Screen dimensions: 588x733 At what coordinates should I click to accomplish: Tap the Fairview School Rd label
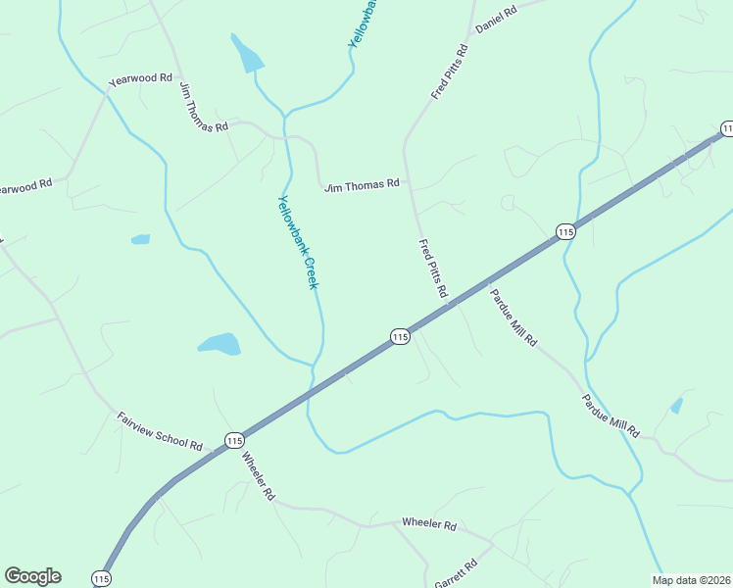coord(160,430)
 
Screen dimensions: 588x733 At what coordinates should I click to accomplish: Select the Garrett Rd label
coord(457,573)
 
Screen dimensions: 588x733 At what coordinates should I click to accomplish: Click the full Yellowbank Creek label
coord(298,242)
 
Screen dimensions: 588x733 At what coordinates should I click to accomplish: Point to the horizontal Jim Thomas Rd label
coord(362,183)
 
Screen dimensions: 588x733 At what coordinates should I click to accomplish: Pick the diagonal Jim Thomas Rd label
coord(203,107)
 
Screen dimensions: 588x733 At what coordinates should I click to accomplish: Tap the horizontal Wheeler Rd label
coord(429,525)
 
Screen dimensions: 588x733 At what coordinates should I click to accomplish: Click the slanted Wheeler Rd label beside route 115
coord(257,477)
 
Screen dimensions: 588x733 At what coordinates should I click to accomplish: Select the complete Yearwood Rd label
coord(140,77)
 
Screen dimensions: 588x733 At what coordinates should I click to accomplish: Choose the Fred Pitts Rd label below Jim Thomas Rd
coord(432,269)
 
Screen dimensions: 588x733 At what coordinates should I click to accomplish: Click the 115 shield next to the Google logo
coord(101,578)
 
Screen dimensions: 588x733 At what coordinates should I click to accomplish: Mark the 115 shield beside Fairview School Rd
coord(233,441)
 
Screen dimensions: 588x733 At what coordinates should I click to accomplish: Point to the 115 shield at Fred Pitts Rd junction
coord(399,336)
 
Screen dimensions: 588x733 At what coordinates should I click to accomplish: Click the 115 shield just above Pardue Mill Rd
coord(564,231)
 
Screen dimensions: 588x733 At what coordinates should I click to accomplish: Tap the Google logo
coord(32,576)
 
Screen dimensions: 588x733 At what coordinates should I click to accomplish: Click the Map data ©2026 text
coord(691,580)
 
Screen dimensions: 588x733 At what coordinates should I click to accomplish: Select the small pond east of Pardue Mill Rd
coord(676,405)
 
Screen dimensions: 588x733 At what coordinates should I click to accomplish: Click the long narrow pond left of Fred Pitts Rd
coord(247,55)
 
